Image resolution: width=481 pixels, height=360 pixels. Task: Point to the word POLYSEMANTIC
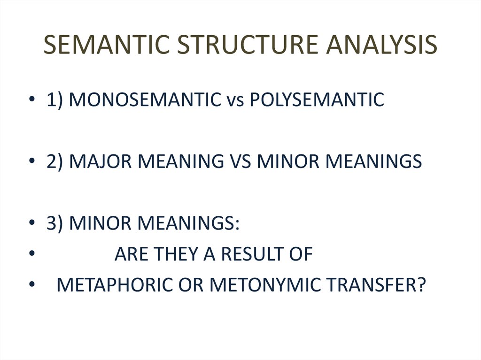pos(317,100)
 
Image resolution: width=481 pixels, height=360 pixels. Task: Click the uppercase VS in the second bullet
pos(240,161)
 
